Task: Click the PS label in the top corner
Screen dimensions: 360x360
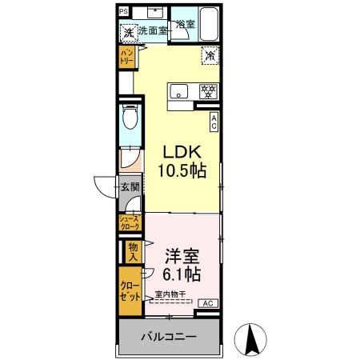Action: (x=124, y=11)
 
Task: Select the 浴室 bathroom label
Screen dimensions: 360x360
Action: (x=186, y=25)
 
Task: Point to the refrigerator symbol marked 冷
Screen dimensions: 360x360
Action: (x=209, y=57)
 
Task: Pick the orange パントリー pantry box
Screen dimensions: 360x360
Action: (x=126, y=58)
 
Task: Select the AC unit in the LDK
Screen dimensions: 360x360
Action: (x=214, y=121)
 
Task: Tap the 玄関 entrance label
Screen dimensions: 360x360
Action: (x=130, y=187)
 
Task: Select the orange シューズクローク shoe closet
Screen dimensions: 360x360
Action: (x=130, y=223)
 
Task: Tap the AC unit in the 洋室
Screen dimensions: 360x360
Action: (x=206, y=303)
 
